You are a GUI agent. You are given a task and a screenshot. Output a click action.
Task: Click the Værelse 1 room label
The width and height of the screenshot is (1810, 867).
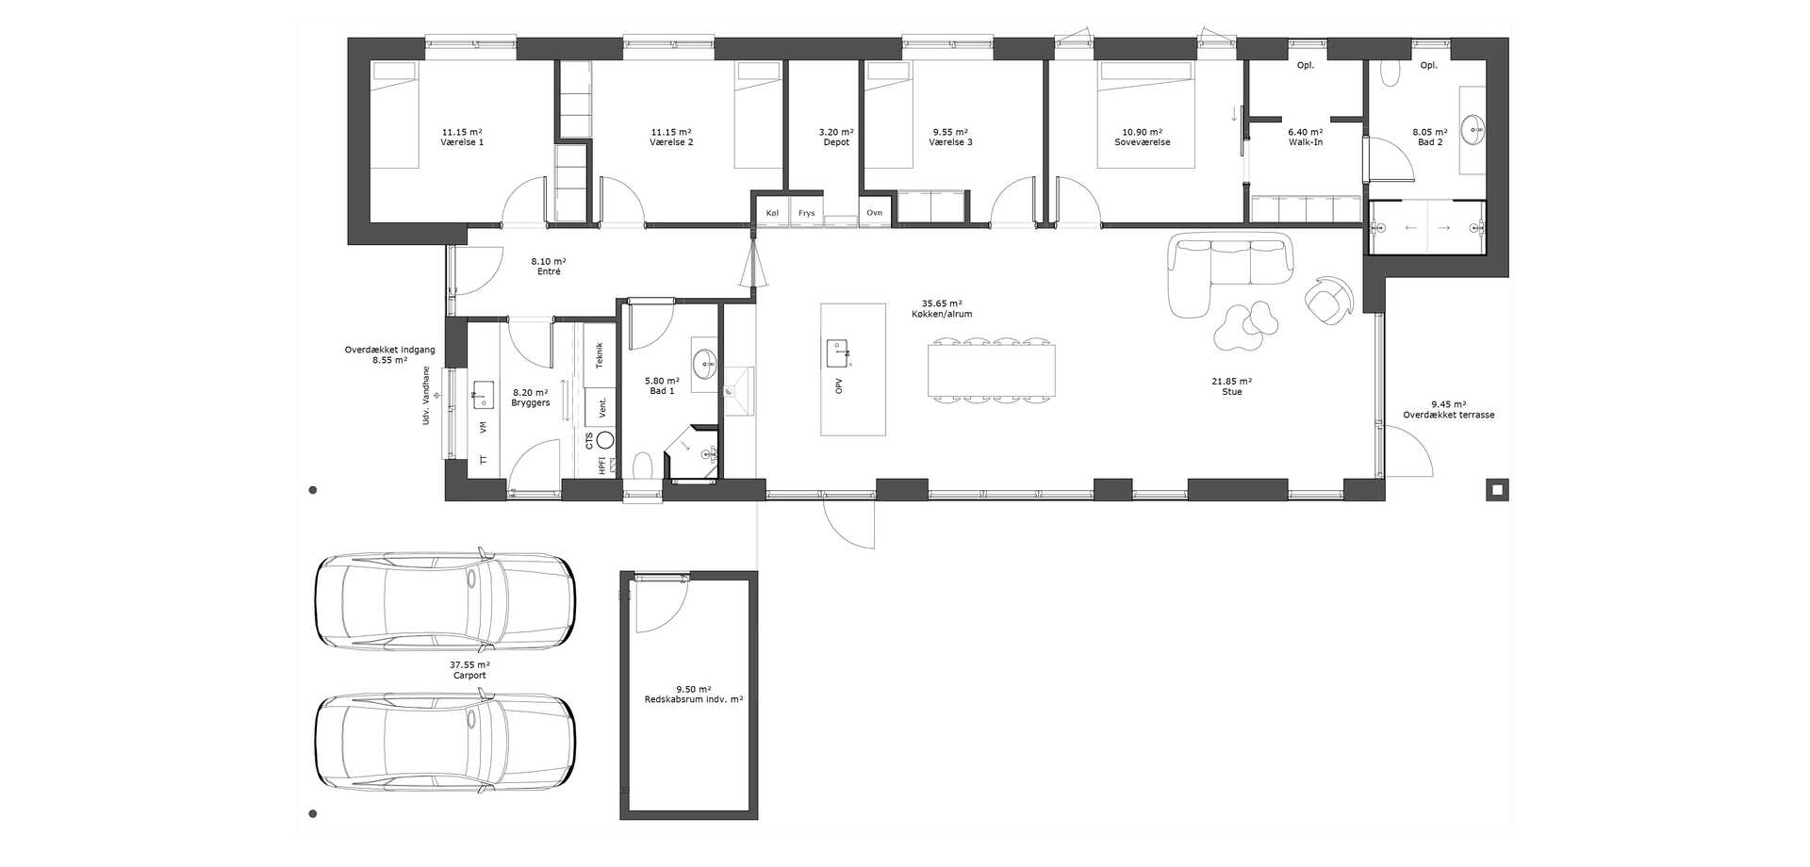tap(462, 142)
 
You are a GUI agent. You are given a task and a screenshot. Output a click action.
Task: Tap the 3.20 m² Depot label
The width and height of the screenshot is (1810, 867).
tap(836, 138)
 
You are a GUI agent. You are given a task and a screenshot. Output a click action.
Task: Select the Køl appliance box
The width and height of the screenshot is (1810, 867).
tap(773, 213)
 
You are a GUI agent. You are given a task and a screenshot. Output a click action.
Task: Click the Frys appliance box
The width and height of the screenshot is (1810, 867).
tap(807, 213)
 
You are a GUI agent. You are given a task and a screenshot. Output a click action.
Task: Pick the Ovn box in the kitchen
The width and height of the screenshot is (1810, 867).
tap(875, 213)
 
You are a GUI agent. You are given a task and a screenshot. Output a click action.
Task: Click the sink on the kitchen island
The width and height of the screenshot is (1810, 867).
tap(839, 353)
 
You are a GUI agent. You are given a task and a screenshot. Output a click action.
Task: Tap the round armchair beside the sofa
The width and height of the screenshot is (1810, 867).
tap(1328, 301)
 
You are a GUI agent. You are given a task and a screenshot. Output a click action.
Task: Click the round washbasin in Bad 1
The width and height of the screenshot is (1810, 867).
tap(704, 363)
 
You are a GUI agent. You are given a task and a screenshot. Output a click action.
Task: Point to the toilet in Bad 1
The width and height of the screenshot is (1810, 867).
tap(644, 466)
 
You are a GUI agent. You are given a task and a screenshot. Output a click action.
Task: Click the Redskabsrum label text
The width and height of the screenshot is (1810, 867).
tap(694, 700)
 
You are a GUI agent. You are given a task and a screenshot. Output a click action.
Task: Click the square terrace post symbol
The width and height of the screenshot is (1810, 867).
tap(1496, 489)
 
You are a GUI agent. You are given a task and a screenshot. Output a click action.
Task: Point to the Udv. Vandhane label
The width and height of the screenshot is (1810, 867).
tap(426, 395)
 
